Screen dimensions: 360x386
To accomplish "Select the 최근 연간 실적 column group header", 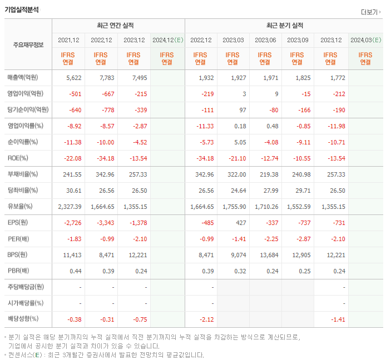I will click(x=118, y=26).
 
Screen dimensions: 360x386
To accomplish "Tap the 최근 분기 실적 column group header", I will click(x=284, y=26).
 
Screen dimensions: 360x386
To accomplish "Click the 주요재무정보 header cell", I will click(x=28, y=45).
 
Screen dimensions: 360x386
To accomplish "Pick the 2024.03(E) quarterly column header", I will click(x=365, y=40).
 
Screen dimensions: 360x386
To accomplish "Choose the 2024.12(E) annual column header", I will click(x=167, y=40).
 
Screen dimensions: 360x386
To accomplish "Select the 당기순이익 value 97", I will click(x=240, y=109).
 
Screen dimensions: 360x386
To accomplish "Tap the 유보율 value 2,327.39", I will click(x=70, y=207).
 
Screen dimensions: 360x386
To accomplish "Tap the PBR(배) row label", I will click(x=18, y=271).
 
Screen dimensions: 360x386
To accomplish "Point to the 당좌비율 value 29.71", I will click(x=298, y=191).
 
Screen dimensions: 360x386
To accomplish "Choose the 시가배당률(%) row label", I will click(x=25, y=303).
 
